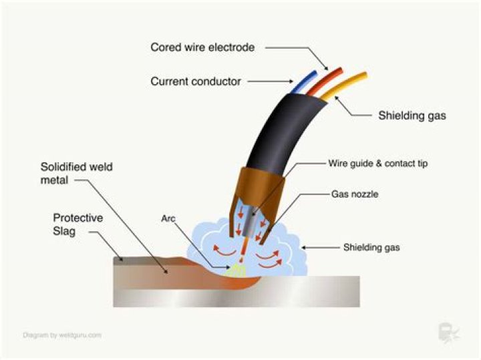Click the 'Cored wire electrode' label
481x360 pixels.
202,47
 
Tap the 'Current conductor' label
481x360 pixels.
196,81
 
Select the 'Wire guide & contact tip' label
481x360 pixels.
378,164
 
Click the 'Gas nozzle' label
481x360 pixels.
355,194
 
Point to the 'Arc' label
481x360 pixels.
168,218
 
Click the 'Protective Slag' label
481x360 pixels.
78,224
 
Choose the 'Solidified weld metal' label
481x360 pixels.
77,173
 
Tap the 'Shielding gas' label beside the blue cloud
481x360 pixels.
371,248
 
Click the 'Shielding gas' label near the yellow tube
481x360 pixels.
412,116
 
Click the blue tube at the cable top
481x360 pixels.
305,82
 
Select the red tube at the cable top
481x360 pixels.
325,81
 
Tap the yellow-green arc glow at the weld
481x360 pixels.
236,270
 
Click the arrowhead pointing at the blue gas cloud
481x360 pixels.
305,248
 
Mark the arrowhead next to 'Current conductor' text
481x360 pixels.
291,81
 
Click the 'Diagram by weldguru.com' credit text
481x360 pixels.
62,335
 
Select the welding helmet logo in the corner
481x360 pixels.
448,333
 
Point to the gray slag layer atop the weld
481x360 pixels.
147,261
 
